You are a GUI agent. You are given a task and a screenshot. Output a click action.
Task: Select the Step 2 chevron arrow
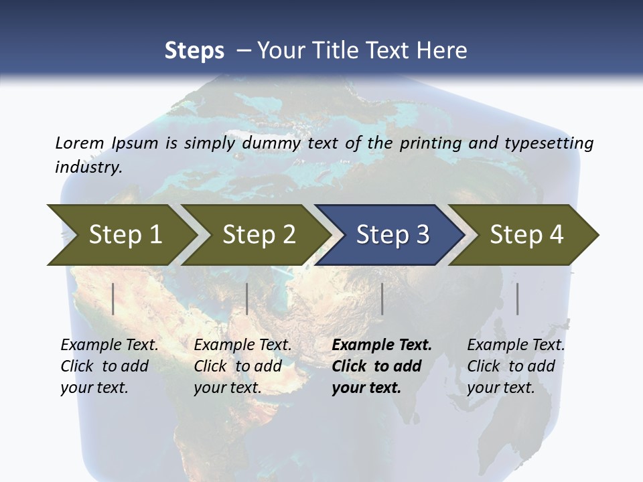pyautogui.click(x=259, y=235)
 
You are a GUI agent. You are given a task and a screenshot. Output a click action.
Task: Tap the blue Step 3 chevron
pyautogui.click(x=392, y=235)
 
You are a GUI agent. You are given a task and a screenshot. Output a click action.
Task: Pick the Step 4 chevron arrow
pyautogui.click(x=526, y=235)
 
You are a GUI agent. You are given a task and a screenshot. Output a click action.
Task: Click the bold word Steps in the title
pyautogui.click(x=194, y=50)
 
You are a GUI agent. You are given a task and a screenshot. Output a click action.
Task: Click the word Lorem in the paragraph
pyautogui.click(x=79, y=143)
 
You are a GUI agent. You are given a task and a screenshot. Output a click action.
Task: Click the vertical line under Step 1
pyautogui.click(x=113, y=299)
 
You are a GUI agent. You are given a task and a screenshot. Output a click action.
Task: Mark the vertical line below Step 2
pyautogui.click(x=247, y=299)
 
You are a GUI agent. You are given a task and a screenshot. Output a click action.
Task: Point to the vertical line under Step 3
pyautogui.click(x=382, y=299)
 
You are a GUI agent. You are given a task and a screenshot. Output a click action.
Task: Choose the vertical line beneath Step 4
pyautogui.click(x=518, y=299)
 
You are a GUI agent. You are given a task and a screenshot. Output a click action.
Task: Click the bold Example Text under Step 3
pyautogui.click(x=382, y=345)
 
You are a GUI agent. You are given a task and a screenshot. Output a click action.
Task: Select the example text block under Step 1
pyautogui.click(x=109, y=366)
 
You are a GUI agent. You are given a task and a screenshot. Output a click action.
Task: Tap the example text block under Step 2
pyautogui.click(x=242, y=366)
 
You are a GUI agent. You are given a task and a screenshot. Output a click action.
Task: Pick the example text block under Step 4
pyautogui.click(x=516, y=366)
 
